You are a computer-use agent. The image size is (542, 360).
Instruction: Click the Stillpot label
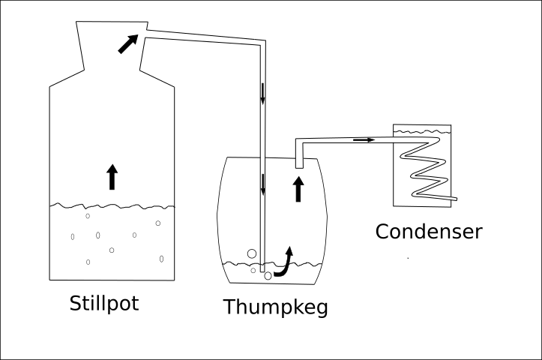(x=104, y=304)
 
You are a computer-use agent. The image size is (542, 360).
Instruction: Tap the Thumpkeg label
(x=275, y=307)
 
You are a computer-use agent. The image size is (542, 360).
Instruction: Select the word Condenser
(x=428, y=230)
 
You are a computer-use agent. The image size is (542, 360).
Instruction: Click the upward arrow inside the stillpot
(x=112, y=176)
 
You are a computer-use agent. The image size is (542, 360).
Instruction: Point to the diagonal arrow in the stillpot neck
(x=128, y=43)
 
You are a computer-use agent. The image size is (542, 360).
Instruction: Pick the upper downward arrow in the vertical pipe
(x=263, y=93)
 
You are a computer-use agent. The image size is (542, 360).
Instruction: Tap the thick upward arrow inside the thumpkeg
(x=298, y=189)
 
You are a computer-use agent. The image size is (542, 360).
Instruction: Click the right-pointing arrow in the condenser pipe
(x=364, y=139)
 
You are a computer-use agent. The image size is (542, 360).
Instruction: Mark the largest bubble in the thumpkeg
(x=251, y=253)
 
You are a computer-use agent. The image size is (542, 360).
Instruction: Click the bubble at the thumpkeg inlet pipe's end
(x=268, y=277)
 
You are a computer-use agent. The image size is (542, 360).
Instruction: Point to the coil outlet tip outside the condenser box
(x=455, y=198)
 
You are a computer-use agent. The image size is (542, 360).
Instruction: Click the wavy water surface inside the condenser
(x=422, y=131)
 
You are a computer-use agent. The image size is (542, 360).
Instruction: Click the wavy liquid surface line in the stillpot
(x=112, y=204)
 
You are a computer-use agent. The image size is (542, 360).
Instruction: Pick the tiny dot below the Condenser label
(x=408, y=258)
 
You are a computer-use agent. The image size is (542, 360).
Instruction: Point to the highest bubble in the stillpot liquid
(x=88, y=216)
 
